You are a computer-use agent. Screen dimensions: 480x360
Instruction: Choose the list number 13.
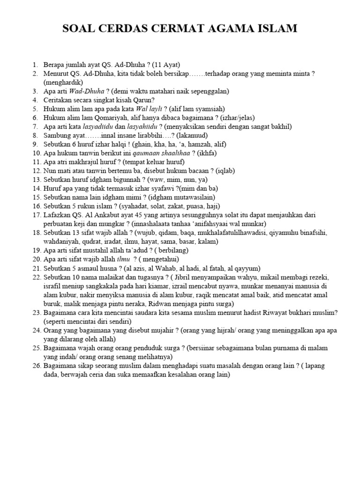pos(36,180)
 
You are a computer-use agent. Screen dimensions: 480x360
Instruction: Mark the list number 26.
pos(36,366)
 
